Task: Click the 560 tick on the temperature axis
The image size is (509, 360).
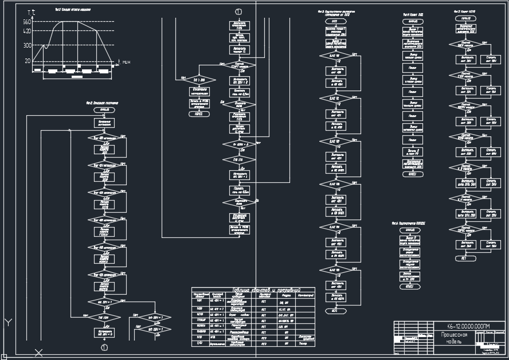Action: pos(27,22)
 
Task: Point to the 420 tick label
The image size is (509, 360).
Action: pos(27,31)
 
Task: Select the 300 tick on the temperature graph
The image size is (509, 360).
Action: pos(27,45)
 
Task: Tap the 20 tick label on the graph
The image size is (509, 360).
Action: pos(28,60)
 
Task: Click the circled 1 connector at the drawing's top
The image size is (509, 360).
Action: pos(238,11)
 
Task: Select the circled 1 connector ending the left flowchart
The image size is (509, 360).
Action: pos(104,347)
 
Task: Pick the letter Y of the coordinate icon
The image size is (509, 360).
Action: pos(8,323)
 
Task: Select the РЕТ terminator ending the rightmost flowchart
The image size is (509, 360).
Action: pos(464,259)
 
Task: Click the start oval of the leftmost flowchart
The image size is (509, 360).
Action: pos(104,109)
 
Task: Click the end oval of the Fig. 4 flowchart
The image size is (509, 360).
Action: pos(334,311)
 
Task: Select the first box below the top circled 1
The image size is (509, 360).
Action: pos(239,26)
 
